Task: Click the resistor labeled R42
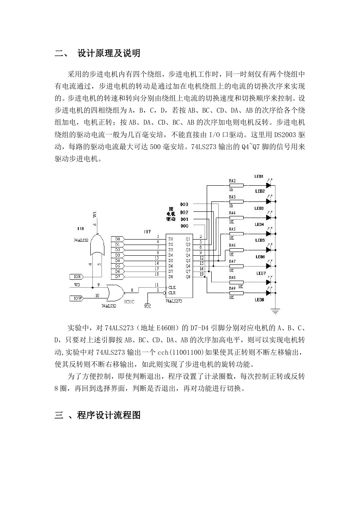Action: click(237, 185)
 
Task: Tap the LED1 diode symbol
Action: click(268, 185)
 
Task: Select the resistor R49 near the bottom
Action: click(237, 293)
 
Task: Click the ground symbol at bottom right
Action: click(275, 311)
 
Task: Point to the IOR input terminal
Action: click(77, 277)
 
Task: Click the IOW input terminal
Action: click(77, 298)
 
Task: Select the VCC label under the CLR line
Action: click(147, 306)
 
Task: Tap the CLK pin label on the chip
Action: click(172, 287)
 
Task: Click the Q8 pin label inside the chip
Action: click(188, 277)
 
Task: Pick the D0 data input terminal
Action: click(118, 239)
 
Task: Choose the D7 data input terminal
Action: click(118, 277)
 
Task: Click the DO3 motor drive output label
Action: click(184, 204)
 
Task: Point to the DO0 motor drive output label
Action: click(184, 226)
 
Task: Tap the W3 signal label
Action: click(77, 285)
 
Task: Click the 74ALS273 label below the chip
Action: click(174, 301)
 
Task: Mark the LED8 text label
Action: click(259, 300)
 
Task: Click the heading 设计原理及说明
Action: click(109, 53)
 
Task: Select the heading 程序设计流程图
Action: click(109, 415)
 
